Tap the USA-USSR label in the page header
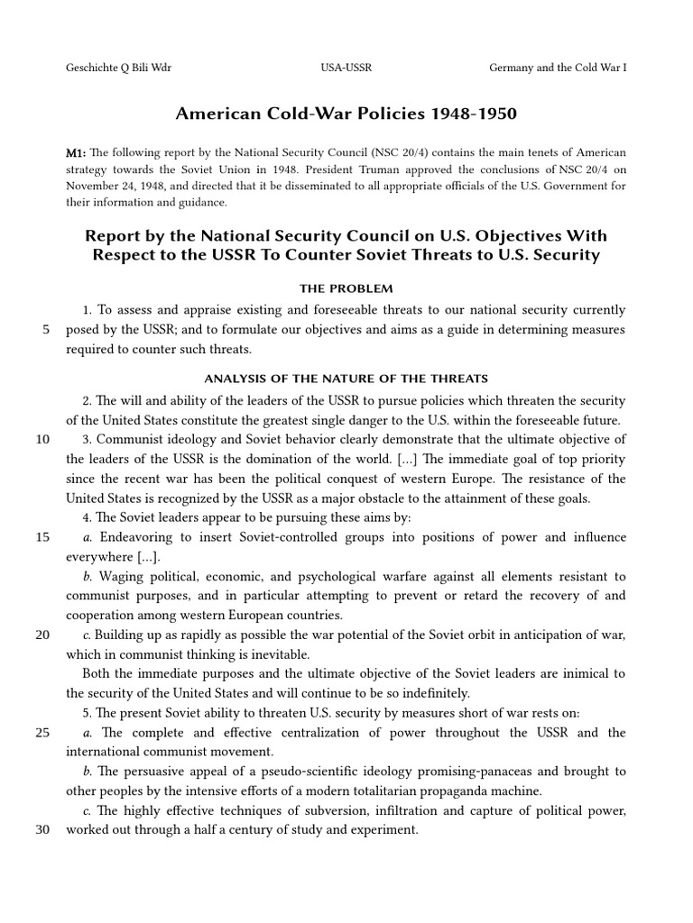[x=346, y=68]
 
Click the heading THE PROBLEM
[x=346, y=289]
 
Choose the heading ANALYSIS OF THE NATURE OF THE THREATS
[x=346, y=379]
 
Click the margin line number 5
[x=45, y=330]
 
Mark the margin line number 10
[x=42, y=440]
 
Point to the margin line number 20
[x=42, y=635]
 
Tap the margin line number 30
[x=42, y=829]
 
